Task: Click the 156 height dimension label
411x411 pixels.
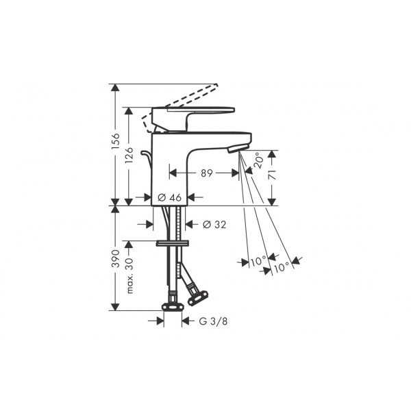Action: coord(115,141)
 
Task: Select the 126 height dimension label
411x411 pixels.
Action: coord(129,155)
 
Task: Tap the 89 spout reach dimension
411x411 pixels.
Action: coord(207,173)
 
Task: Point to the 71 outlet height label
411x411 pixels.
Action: coord(273,175)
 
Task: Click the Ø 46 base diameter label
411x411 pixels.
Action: coord(170,197)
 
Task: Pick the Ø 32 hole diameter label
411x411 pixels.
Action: coord(214,225)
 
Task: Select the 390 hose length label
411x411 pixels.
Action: coord(115,258)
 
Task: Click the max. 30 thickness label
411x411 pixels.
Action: coord(129,275)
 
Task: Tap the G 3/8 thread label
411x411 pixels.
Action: coord(213,321)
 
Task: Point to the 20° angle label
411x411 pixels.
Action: coord(258,160)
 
